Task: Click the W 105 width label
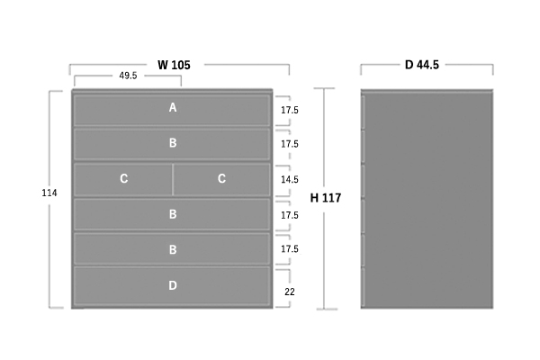click(180, 65)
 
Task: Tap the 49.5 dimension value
click(128, 76)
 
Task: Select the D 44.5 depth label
click(427, 65)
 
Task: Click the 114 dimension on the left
click(49, 193)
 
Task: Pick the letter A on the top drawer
click(172, 108)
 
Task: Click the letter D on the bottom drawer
click(172, 285)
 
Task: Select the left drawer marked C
click(123, 179)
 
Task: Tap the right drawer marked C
click(221, 179)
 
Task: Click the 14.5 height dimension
click(289, 180)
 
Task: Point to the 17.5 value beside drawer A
click(289, 110)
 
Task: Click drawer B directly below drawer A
click(172, 143)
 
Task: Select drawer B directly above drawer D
click(172, 249)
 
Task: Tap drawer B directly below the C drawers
click(172, 214)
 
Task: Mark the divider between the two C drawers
click(173, 179)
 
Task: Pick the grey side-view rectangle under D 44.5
click(427, 198)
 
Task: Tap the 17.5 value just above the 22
click(289, 249)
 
